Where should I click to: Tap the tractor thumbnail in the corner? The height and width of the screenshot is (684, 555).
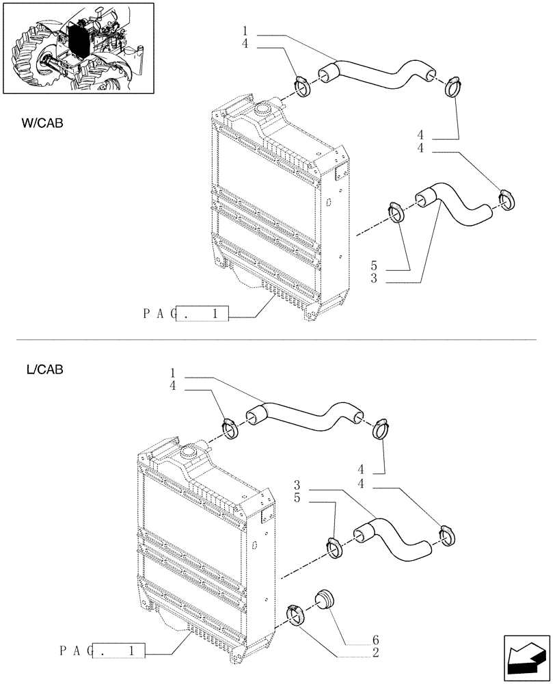(77, 48)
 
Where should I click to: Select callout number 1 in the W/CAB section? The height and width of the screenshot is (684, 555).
(245, 31)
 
